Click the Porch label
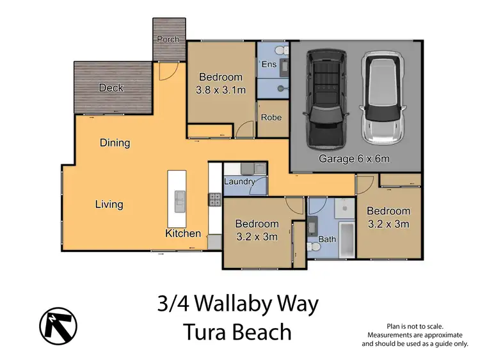coord(168,39)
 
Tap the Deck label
coord(111,88)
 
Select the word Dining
coord(115,143)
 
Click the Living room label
coord(109,205)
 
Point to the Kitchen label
coord(183,233)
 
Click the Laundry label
coord(239,181)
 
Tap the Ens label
coord(268,64)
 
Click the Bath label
coord(328,240)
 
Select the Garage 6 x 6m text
coord(355,159)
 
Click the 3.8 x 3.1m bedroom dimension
coord(221,90)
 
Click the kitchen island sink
coord(180,201)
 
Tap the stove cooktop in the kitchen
coord(214,199)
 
